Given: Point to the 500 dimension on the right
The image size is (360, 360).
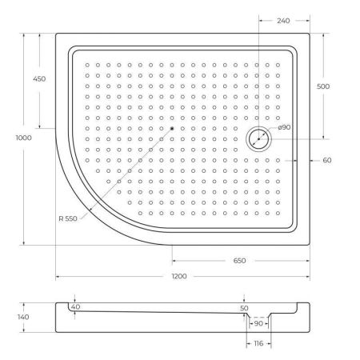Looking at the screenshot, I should coord(323,86).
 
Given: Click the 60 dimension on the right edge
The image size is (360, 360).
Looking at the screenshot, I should coord(326,161).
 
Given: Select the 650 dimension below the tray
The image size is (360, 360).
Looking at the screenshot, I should coord(239,261).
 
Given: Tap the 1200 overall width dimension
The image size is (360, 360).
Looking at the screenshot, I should coord(179,276).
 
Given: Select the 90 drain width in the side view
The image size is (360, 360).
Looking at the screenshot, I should coord(258,324).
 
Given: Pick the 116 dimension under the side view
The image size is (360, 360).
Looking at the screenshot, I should coord(258,343).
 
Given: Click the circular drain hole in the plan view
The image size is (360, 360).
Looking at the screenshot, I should coord(258,139).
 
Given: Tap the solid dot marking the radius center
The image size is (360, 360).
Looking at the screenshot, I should coord(171,128).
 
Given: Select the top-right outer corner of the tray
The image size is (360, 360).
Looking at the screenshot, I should coord(310,34).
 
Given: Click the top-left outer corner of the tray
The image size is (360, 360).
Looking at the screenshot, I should coord(56,34).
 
